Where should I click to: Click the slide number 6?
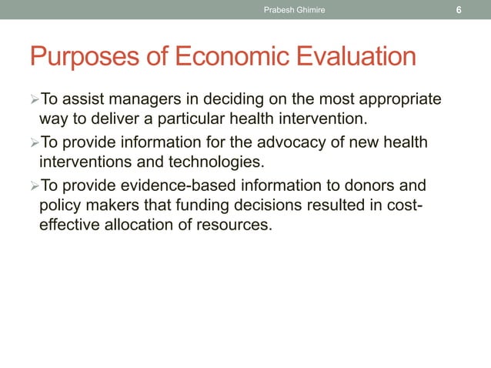click(459, 10)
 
